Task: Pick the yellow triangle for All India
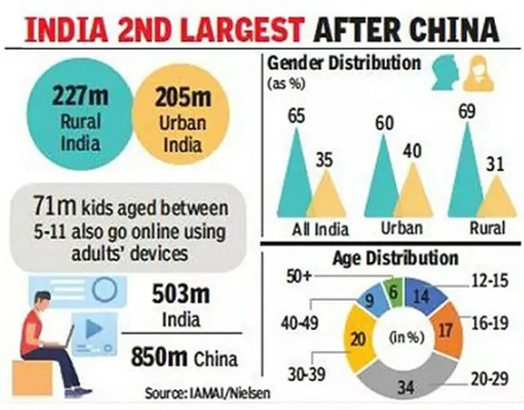pyautogui.click(x=326, y=198)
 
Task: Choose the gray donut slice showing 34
pyautogui.click(x=406, y=379)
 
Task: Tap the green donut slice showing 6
pyautogui.click(x=394, y=291)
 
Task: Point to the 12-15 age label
pyautogui.click(x=487, y=281)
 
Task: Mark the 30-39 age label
pyautogui.click(x=304, y=375)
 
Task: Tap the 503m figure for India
pyautogui.click(x=180, y=294)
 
